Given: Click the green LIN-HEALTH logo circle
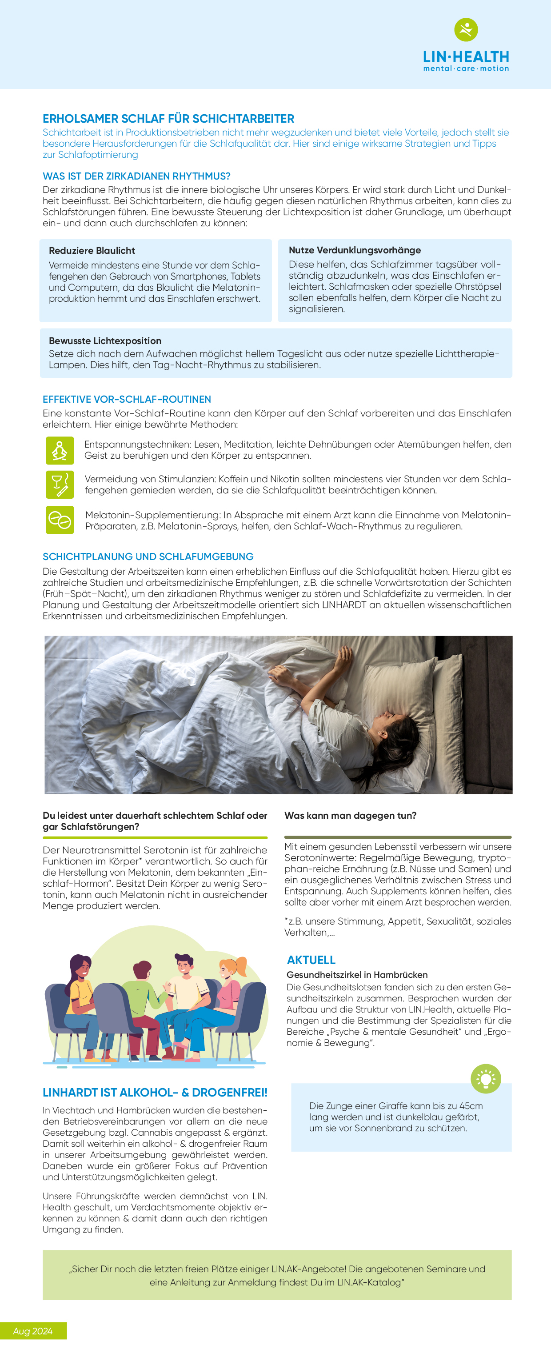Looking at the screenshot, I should [466, 30].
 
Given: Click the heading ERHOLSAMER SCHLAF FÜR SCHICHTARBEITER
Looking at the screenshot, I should [168, 119].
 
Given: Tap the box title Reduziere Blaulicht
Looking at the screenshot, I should [92, 251].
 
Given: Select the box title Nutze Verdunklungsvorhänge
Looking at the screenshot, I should [355, 250].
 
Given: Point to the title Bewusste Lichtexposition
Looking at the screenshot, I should [105, 341].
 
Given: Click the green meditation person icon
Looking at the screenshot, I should [60, 450].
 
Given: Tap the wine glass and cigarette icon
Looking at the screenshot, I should [60, 484].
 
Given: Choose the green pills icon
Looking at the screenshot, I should [60, 520].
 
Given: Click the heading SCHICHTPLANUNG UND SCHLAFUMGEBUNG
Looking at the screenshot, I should [148, 556].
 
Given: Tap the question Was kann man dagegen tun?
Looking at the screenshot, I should [350, 816].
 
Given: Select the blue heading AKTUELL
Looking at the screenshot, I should [311, 960].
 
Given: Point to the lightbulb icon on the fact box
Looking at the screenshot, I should [486, 1078].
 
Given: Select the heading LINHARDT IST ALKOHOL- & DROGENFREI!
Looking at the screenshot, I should [155, 1093].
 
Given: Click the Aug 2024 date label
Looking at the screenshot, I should [33, 1331].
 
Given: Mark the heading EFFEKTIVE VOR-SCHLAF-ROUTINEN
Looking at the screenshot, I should [127, 399].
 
